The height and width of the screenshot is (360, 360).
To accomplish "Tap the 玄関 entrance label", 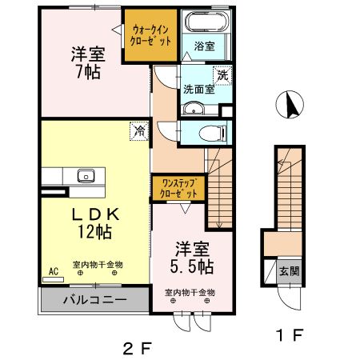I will tap(289, 270).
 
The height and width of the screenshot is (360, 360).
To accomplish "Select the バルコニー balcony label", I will tap(95, 302).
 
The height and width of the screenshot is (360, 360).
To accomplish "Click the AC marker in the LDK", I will tap(54, 271).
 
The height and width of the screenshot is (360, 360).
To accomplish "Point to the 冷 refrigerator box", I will tap(139, 129).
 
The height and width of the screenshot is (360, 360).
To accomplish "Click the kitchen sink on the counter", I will tap(85, 176).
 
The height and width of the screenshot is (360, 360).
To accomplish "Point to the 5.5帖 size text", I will tap(191, 263).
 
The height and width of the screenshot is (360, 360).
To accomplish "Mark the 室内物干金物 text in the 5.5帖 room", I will tap(190, 292).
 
